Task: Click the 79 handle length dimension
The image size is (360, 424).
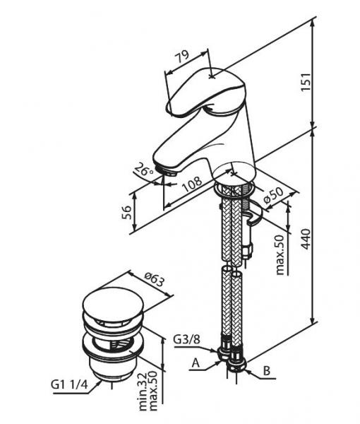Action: point(182,57)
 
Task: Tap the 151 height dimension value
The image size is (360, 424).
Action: point(306,82)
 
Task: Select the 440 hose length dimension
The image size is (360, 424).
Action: point(306,239)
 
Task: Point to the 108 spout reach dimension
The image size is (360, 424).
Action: point(192,184)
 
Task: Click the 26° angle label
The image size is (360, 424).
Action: point(143,170)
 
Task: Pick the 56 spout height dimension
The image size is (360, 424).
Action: point(126,212)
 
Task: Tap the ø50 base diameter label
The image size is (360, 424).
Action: point(272,196)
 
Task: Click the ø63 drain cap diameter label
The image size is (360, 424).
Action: point(155,280)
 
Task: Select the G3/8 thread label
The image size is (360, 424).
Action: point(186,339)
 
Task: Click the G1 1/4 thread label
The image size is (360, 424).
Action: point(69,384)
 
